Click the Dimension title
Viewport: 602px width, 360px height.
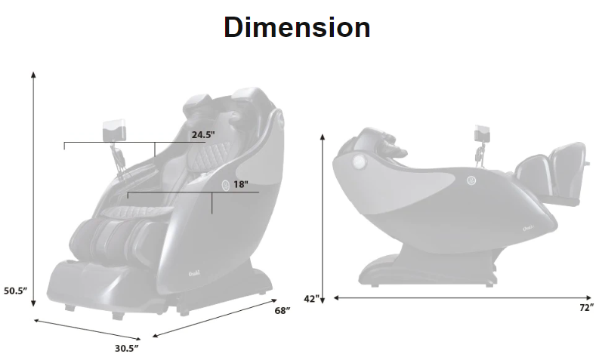pyautogui.click(x=297, y=27)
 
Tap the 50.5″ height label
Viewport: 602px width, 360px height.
pyautogui.click(x=16, y=291)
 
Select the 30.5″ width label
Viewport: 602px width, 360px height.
pyautogui.click(x=126, y=348)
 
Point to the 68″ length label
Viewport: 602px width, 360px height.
pyautogui.click(x=282, y=310)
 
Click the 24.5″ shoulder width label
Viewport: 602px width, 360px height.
pyautogui.click(x=203, y=134)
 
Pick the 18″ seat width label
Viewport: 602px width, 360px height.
pyautogui.click(x=241, y=184)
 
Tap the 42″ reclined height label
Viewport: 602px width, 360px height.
pyautogui.click(x=311, y=298)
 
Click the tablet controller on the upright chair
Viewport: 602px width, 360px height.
pyautogui.click(x=114, y=129)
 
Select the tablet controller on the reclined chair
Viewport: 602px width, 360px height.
pyautogui.click(x=482, y=133)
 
